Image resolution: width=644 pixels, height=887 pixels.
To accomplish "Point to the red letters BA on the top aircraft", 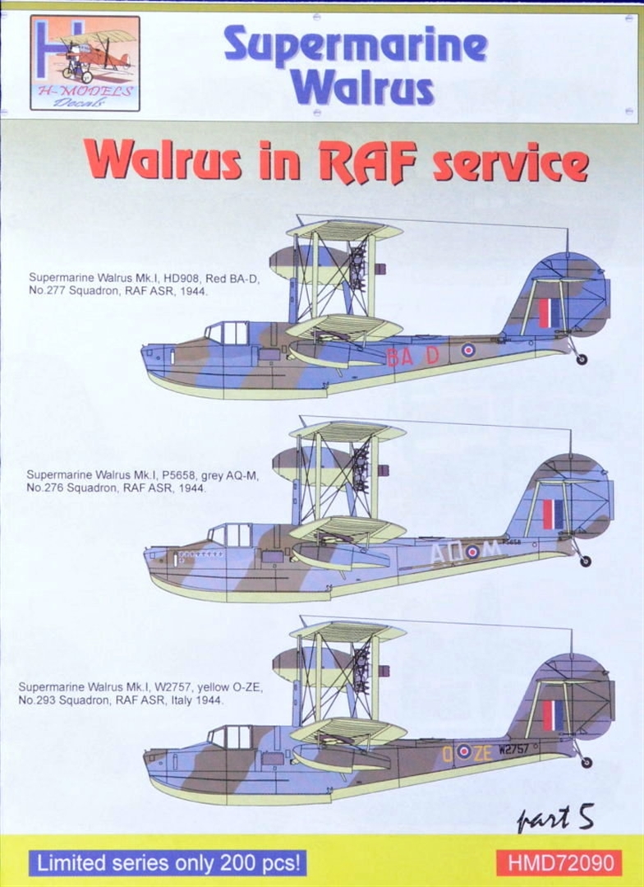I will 399,356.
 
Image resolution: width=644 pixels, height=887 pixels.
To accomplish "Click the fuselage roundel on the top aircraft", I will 467,350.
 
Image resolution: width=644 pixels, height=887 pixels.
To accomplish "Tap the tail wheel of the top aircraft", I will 582,359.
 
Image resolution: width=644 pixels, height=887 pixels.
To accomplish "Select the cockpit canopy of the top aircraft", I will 227,333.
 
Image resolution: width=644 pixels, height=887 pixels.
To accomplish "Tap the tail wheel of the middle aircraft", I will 585,561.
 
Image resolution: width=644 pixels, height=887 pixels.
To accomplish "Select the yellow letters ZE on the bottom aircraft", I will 483,751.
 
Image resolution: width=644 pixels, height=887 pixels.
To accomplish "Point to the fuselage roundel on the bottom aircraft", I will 463,751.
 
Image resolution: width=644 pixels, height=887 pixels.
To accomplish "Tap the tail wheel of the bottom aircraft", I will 586,762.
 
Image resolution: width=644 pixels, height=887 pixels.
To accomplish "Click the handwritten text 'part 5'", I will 555,818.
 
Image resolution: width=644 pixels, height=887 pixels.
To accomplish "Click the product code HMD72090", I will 559,863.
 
